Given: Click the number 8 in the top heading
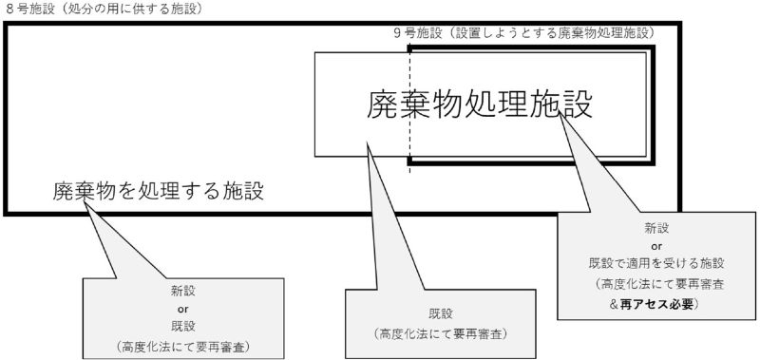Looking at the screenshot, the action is coord(9,8).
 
